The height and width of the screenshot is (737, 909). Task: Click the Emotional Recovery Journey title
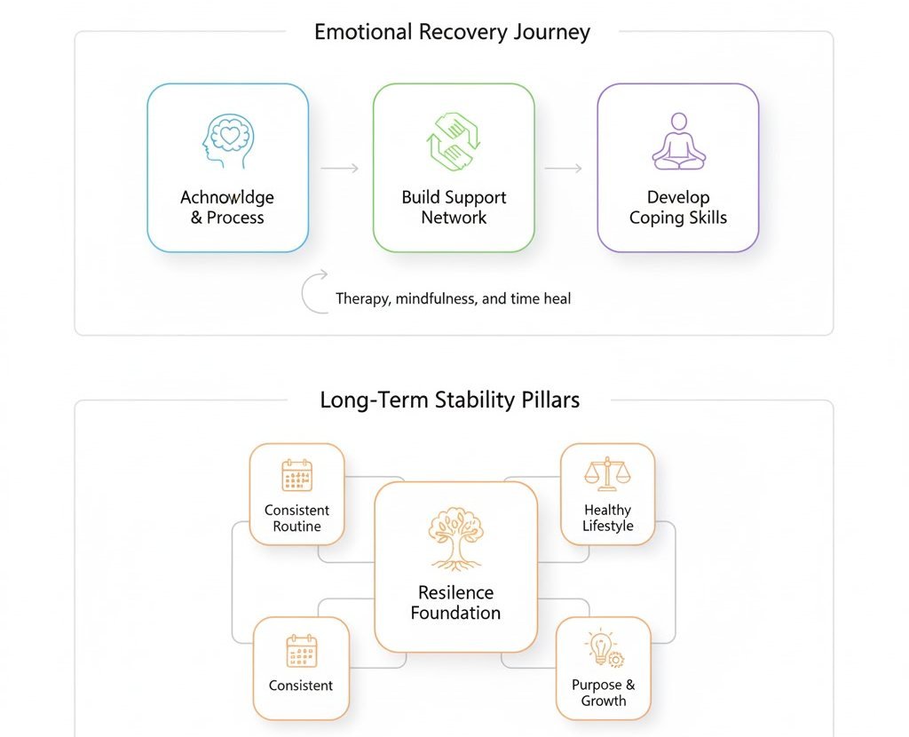click(x=452, y=33)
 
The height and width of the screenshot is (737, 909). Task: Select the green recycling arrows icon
click(x=454, y=139)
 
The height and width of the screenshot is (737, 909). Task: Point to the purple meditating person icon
click(x=678, y=141)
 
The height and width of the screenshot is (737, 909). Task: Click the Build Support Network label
click(x=454, y=207)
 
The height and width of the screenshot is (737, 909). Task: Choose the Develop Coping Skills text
click(x=678, y=207)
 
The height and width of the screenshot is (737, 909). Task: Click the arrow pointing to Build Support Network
click(x=340, y=168)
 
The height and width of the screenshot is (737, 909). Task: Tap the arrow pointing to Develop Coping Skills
click(x=565, y=168)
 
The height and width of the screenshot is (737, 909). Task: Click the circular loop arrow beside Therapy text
click(x=315, y=294)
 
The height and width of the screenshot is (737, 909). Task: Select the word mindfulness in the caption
click(x=436, y=298)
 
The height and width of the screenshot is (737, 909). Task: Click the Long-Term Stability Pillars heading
click(x=449, y=400)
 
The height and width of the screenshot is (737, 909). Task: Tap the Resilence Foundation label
click(x=455, y=602)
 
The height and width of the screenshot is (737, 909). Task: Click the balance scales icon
click(x=607, y=475)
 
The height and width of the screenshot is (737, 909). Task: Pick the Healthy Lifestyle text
click(x=608, y=518)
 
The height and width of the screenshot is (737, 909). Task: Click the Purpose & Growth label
click(x=604, y=693)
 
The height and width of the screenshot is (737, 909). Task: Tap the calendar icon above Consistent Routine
click(x=296, y=475)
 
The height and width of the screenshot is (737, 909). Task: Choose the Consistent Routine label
click(x=296, y=518)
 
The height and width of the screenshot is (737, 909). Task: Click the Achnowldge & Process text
click(x=227, y=207)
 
